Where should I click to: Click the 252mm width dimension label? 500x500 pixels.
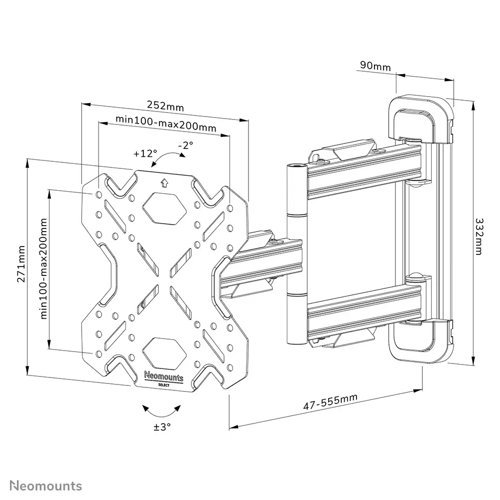(165, 106)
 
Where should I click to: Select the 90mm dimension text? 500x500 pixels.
(375, 66)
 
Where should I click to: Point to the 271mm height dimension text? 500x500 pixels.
(21, 264)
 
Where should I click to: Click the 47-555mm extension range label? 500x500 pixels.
(330, 401)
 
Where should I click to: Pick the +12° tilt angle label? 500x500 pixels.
(145, 153)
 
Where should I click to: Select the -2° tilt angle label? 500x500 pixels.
(185, 145)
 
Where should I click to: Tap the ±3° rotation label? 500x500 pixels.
(162, 427)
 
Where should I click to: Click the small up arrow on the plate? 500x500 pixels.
(164, 183)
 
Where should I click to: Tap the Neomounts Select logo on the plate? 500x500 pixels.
(164, 378)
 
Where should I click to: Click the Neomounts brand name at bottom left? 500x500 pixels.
(46, 486)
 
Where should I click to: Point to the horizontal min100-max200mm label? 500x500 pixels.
(166, 124)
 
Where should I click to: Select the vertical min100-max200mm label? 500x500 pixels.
(43, 268)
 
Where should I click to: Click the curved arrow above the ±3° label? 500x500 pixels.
(162, 412)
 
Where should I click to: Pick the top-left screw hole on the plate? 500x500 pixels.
(98, 194)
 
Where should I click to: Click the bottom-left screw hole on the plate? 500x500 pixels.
(98, 353)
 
